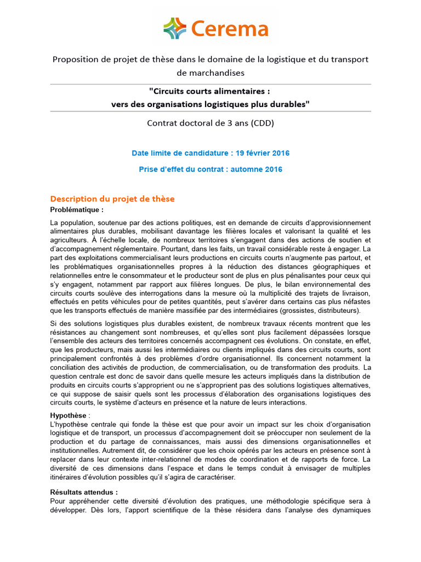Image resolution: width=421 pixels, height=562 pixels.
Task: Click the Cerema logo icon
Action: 175,29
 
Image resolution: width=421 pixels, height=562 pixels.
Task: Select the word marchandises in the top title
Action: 210,72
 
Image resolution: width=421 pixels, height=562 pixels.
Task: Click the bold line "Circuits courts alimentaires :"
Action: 210,91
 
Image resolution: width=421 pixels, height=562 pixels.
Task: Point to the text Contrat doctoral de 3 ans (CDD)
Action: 210,123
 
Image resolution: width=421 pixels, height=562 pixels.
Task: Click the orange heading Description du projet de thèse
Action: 112,199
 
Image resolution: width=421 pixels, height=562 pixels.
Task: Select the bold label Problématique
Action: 76,210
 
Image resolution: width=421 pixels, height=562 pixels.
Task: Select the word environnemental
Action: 327,284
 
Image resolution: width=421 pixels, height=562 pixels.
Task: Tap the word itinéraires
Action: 67,477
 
